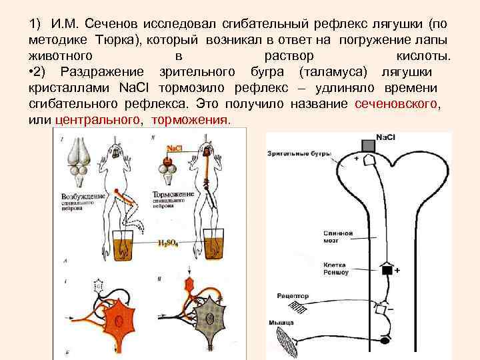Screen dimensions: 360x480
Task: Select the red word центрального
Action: click(96, 120)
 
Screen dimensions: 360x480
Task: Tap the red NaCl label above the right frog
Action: click(175, 147)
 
